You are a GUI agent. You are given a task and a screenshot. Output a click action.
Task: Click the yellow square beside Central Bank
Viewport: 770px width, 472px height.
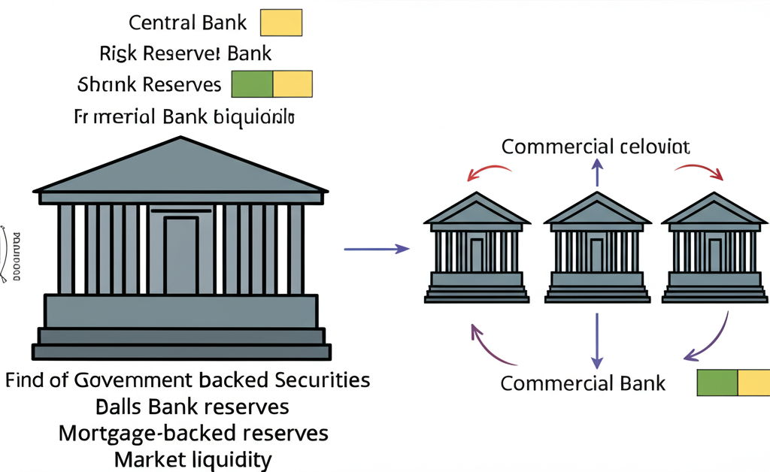280,23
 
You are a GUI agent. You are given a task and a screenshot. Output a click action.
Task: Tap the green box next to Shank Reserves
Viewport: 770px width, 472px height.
252,84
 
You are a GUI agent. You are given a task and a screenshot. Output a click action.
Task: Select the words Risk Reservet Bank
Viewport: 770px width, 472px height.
185,53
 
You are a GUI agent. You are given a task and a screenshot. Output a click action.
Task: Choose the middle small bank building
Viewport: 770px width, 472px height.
597,248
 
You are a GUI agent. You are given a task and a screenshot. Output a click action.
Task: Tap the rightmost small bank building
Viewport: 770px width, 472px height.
715,248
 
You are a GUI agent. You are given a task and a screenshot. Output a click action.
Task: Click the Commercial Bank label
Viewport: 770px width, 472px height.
583,383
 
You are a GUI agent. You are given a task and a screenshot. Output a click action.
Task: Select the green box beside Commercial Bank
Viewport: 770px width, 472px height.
717,383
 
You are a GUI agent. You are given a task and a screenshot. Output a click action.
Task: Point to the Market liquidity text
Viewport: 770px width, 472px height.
192,459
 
